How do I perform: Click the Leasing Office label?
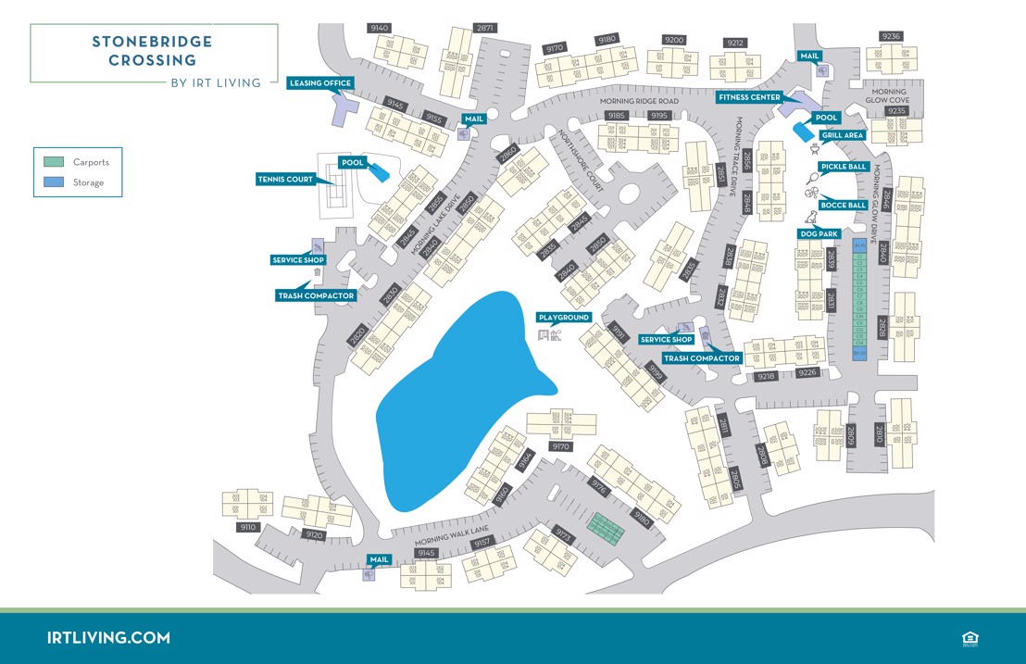point(320,83)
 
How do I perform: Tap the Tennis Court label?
point(284,180)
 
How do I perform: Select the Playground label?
point(564,318)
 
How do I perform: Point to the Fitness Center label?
point(749,97)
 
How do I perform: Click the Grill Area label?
point(843,135)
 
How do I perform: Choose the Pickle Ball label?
point(843,168)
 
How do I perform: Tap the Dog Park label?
point(818,234)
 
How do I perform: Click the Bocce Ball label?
point(844,205)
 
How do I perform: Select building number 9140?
point(380,29)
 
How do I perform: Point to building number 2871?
point(485,29)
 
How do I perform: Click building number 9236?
point(891,37)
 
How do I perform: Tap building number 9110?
point(247,527)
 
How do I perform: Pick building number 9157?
point(482,543)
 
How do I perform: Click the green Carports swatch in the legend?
point(55,162)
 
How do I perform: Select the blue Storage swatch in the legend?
point(55,182)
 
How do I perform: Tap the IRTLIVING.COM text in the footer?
point(108,638)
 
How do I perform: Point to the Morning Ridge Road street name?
point(639,101)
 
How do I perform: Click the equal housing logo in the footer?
point(970,638)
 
